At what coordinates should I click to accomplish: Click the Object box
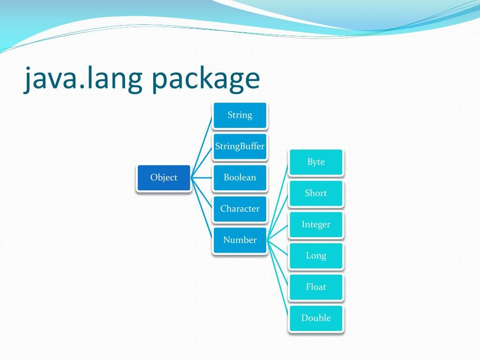pos(164,178)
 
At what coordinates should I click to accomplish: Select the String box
pos(240,115)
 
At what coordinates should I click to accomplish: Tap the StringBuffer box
pos(240,146)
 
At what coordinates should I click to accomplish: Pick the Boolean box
pos(240,178)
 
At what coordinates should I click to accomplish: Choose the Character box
pos(240,209)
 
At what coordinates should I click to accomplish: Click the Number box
pos(240,240)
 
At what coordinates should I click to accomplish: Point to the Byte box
pos(315,162)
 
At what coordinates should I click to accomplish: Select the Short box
pos(315,193)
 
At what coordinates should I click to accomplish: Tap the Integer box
pos(315,225)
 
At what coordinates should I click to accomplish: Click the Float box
pos(315,287)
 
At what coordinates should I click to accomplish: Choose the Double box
pos(315,318)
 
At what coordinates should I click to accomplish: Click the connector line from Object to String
pos(202,146)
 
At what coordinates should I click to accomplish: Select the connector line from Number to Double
pos(278,279)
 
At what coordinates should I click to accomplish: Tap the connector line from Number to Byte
pos(278,201)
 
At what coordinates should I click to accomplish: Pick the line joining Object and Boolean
pos(202,178)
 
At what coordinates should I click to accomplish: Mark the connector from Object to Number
pos(202,209)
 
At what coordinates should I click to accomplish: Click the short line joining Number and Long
pos(278,248)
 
